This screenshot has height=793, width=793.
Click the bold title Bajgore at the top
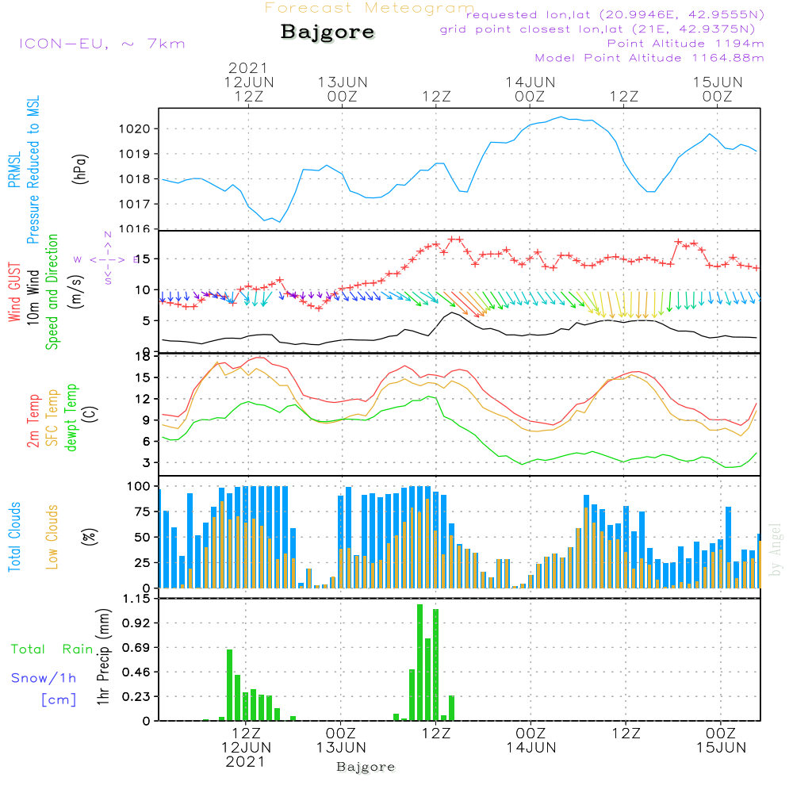tap(328, 33)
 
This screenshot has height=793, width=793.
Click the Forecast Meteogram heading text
tap(370, 8)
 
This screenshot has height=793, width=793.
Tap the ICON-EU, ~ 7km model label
tap(102, 43)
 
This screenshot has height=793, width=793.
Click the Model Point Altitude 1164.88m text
tap(649, 58)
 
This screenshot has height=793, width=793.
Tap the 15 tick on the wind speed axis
tap(144, 259)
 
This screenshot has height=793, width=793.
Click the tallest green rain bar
tap(419, 662)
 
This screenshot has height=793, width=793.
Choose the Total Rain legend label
tap(52, 649)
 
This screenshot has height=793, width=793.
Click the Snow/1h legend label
tap(44, 678)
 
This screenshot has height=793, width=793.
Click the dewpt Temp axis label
tap(71, 418)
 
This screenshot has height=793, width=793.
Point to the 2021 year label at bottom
tap(245, 761)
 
